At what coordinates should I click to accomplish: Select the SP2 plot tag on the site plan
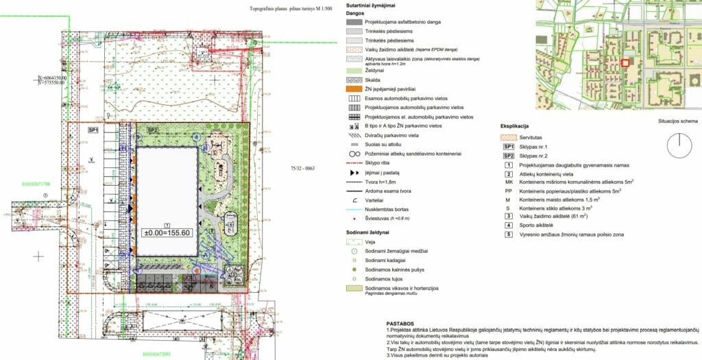click(152, 130)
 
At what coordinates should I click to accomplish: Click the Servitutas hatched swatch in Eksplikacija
click(508, 138)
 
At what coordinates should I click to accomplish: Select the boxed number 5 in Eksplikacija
click(508, 235)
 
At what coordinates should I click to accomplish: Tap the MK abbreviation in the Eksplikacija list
click(508, 182)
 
